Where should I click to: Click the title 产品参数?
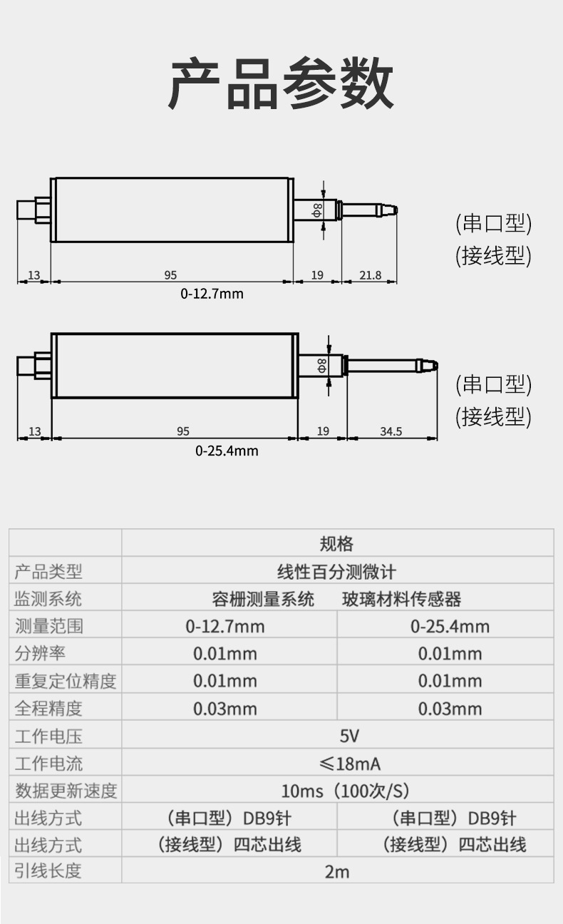(281, 83)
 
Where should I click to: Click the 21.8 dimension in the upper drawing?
(370, 275)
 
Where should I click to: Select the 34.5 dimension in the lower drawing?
(391, 431)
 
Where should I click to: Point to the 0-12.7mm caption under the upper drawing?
(212, 294)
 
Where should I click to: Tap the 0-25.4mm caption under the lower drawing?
(227, 451)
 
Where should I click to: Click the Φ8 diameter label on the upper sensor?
(318, 209)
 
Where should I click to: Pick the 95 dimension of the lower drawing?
(183, 431)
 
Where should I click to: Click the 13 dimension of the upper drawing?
(33, 275)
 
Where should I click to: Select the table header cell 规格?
(336, 544)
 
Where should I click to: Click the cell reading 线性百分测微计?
(336, 571)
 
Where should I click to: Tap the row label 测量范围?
(48, 626)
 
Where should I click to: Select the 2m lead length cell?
(337, 871)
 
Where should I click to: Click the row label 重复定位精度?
(65, 681)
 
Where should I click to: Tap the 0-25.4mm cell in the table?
(450, 627)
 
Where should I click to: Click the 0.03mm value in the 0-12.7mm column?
(224, 709)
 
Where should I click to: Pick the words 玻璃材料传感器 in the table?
(401, 599)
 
